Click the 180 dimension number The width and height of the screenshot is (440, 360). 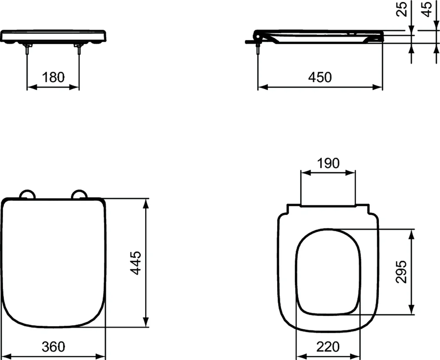(53, 77)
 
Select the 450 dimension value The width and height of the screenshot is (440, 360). (320, 77)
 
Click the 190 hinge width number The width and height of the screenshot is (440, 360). (328, 163)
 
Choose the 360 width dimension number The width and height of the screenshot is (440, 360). (53, 347)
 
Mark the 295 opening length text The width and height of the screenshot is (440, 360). (401, 271)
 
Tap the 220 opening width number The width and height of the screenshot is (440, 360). (328, 347)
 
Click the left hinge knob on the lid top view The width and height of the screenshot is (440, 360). (27, 195)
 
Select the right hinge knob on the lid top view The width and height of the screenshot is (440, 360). (80, 195)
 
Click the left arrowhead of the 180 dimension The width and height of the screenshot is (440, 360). (31, 87)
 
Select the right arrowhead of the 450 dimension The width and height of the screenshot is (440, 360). (378, 87)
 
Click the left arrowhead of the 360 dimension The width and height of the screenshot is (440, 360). (4, 356)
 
